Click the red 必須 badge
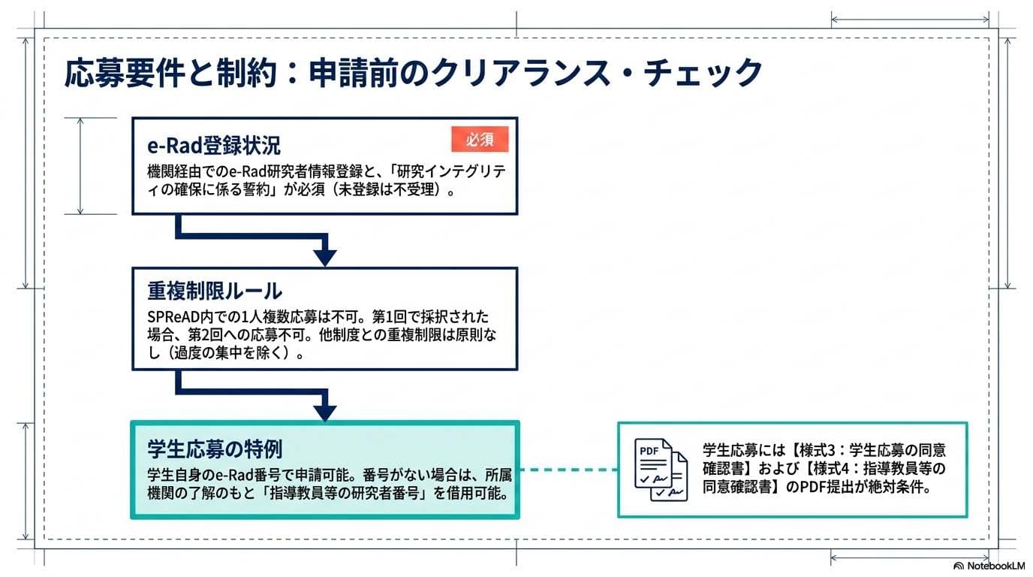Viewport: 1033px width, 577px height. [480, 140]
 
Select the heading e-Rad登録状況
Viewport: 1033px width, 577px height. [214, 145]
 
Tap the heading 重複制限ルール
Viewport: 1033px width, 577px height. [215, 291]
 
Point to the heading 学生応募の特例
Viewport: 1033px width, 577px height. [215, 449]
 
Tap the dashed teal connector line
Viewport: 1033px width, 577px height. [568, 470]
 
